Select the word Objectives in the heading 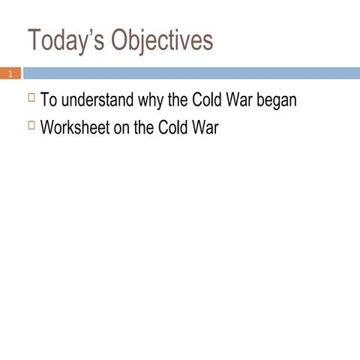point(161,42)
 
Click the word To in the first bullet point(48,100)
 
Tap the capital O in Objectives point(121,42)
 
